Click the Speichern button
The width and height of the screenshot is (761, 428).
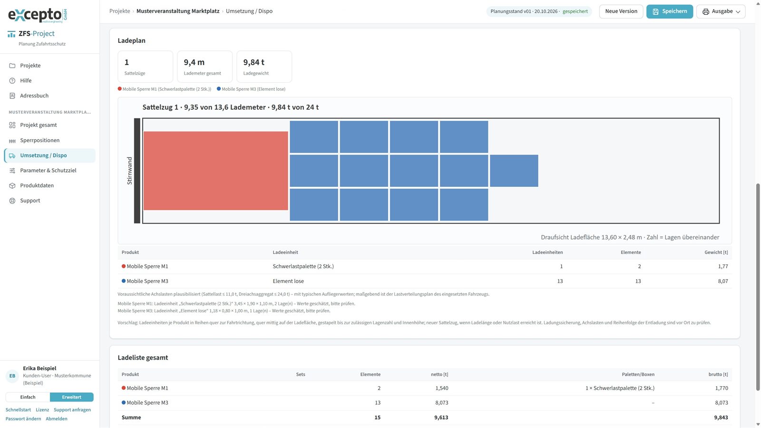click(x=669, y=11)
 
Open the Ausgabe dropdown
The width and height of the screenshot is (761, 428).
click(x=721, y=11)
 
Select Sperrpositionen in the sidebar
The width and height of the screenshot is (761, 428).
click(x=40, y=140)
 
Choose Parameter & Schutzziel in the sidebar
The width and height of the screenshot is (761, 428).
click(x=48, y=171)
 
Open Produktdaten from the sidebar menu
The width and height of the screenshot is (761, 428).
click(x=37, y=185)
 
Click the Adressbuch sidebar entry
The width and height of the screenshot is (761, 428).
click(x=34, y=96)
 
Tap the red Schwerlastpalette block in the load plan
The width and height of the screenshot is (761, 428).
click(x=216, y=171)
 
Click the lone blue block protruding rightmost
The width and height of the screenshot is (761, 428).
click(x=514, y=171)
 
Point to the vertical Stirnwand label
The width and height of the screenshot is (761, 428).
click(x=129, y=171)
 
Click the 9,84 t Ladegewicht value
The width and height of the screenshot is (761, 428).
click(x=254, y=62)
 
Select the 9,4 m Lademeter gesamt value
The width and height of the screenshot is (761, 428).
click(x=194, y=62)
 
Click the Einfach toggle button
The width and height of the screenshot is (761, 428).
click(x=28, y=397)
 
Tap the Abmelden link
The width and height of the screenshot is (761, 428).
click(x=57, y=419)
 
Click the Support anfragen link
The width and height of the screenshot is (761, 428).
click(x=72, y=410)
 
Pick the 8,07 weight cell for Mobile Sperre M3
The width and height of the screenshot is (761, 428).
click(x=723, y=281)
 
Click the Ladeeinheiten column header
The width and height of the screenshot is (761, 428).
click(x=547, y=253)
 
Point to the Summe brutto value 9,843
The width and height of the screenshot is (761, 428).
click(x=721, y=418)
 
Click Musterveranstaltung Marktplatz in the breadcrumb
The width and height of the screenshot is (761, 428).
click(x=178, y=11)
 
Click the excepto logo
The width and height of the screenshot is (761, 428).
click(x=38, y=15)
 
